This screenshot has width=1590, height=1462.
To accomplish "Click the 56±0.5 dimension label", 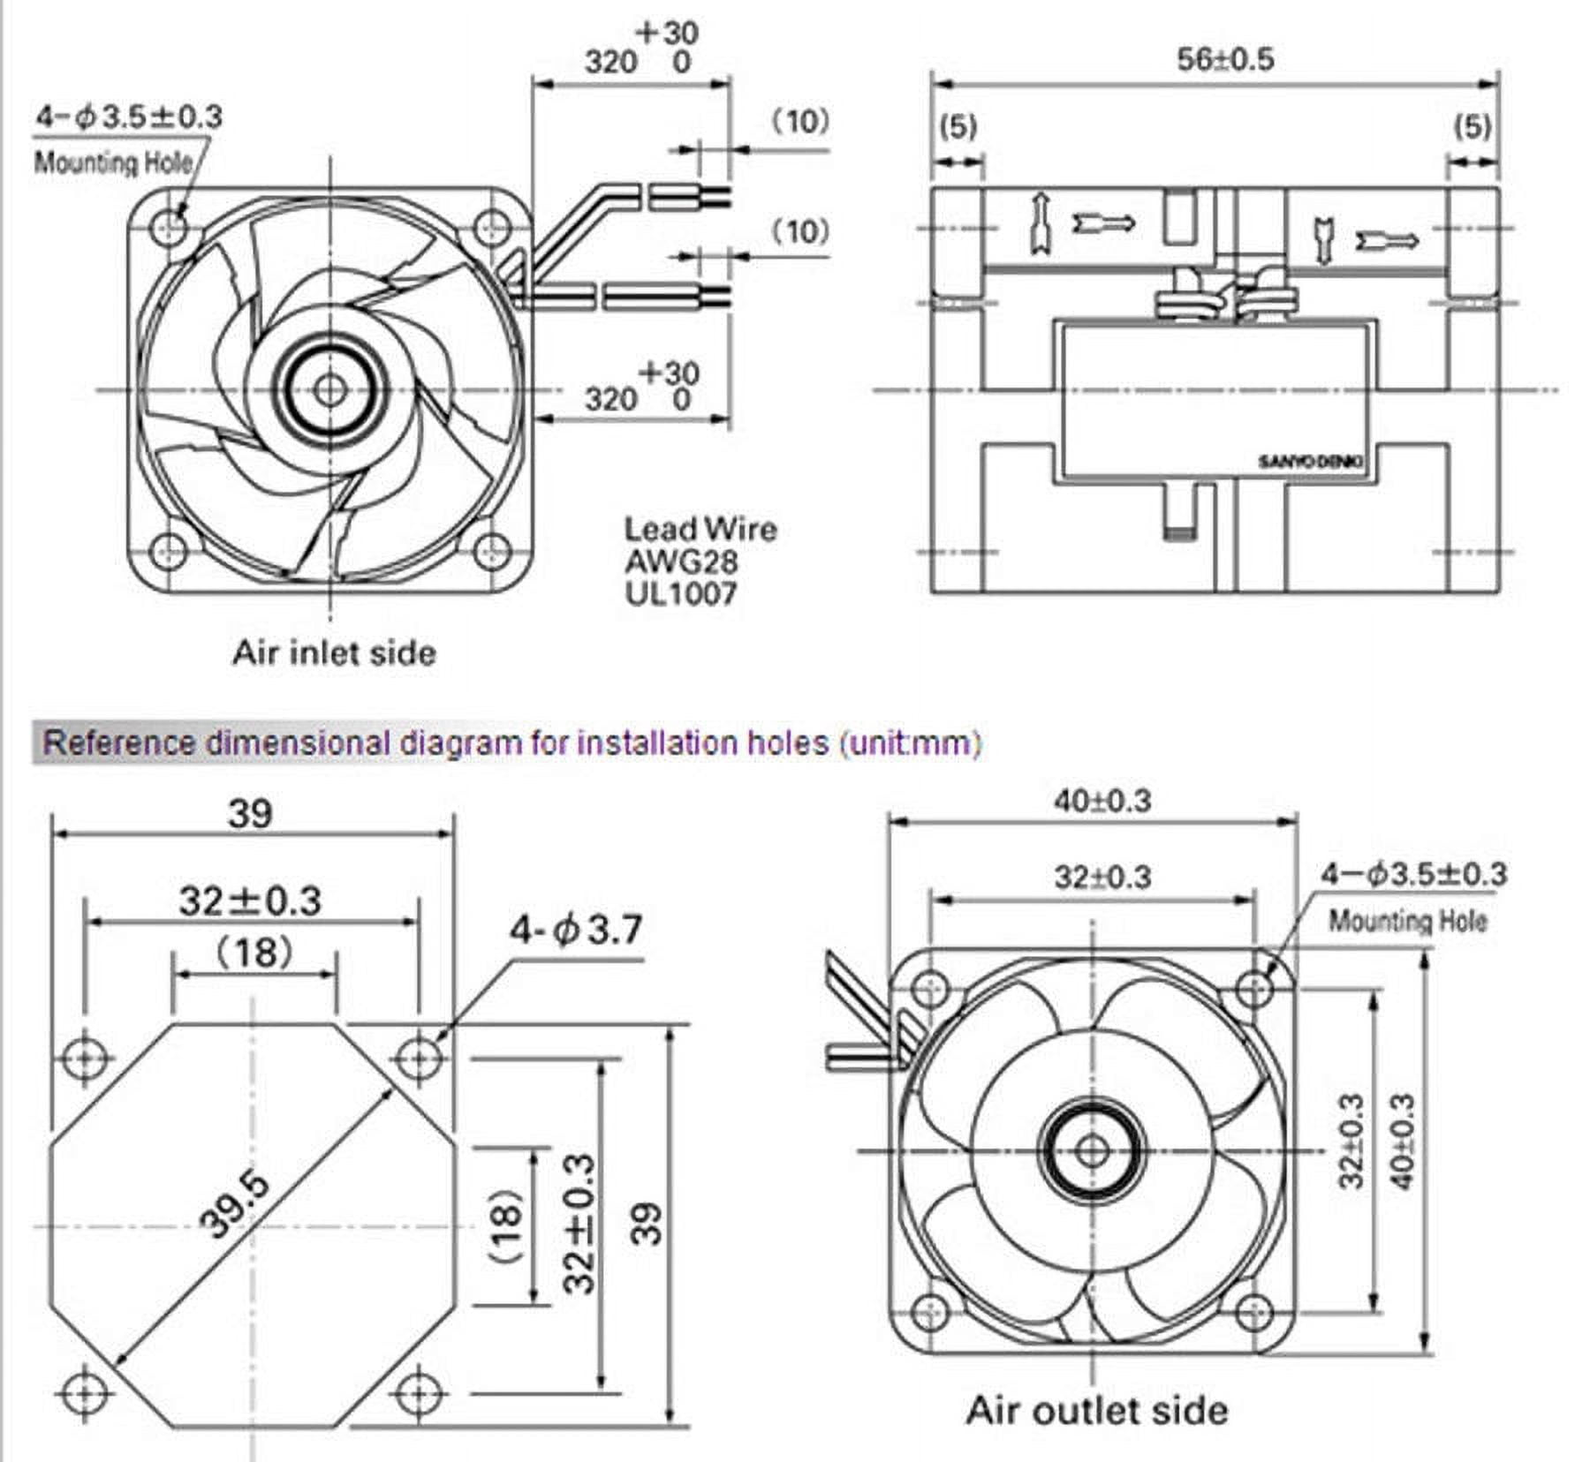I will coord(1225,60).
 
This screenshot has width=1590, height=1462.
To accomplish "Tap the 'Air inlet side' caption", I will coord(334,653).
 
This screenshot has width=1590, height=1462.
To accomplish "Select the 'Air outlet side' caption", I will coord(1096,1410).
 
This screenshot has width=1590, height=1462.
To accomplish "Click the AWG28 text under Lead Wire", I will coord(681,561).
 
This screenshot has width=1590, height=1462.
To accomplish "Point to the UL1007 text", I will coord(681,593).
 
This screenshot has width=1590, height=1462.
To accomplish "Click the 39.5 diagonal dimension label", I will coord(234,1206).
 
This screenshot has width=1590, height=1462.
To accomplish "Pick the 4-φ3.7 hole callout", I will coord(575,931).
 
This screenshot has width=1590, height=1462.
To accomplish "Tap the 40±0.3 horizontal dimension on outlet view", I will coord(1102,801).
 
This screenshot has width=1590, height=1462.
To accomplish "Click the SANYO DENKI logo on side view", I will coord(1311,462).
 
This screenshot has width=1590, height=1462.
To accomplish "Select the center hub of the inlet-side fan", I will coord(329,389).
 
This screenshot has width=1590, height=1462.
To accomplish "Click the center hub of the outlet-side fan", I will coord(1093,1150).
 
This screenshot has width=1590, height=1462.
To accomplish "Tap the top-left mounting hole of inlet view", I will coord(170,228).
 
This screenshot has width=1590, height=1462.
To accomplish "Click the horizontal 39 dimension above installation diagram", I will coord(250,813).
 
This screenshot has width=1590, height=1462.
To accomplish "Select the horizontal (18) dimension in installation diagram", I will coord(254,953).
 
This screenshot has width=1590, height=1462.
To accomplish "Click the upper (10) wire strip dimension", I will coord(801,121).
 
